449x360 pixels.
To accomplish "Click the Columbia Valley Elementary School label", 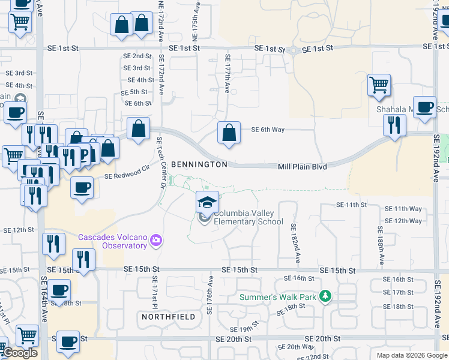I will [x=248, y=217].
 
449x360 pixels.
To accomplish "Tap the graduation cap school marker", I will [x=207, y=202].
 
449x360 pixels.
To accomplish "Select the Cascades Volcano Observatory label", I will [x=112, y=241].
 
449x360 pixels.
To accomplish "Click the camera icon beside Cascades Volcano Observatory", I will [x=156, y=241].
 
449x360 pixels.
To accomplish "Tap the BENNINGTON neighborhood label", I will [x=199, y=164].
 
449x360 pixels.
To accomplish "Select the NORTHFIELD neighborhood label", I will [x=169, y=316].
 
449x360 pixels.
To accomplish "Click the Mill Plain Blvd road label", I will [x=302, y=166].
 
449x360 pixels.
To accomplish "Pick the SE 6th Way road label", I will [x=268, y=129].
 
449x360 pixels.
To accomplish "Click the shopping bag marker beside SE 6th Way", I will [x=229, y=133].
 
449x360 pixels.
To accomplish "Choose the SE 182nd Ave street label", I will [x=295, y=244].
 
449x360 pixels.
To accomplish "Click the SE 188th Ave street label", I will [x=381, y=246].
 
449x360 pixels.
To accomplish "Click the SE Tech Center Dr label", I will [x=160, y=162].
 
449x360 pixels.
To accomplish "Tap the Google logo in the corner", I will [x=20, y=353].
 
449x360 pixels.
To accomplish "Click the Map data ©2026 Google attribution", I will [x=412, y=355].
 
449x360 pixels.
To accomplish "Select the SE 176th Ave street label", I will [x=211, y=295].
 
